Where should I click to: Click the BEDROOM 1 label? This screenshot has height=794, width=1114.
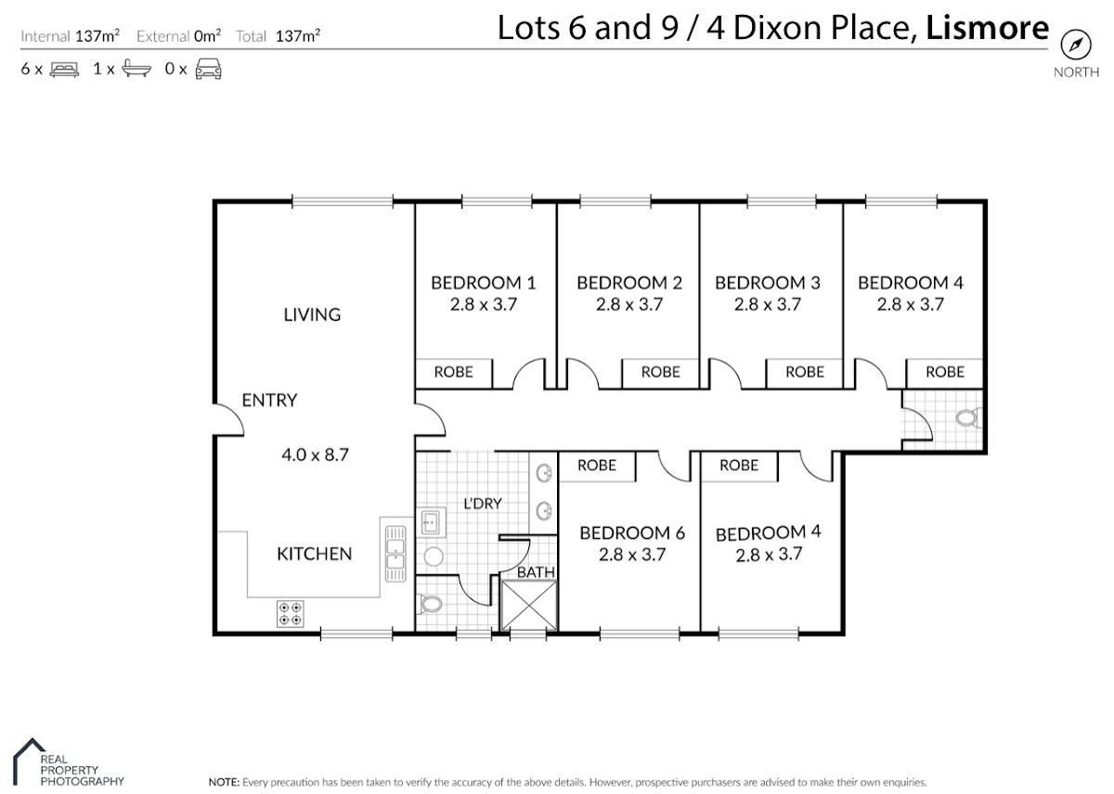tap(484, 283)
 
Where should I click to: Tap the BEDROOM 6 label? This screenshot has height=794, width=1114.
tap(632, 533)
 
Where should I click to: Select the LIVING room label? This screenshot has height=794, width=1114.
tap(312, 314)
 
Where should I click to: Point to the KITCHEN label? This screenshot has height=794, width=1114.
tap(315, 554)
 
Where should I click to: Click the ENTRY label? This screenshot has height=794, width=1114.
tap(269, 400)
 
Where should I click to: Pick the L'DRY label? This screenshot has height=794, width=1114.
tap(483, 504)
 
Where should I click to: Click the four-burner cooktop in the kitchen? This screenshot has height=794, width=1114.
tap(291, 614)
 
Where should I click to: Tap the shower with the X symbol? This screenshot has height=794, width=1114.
tap(528, 605)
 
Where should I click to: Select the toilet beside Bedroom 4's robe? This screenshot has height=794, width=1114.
tap(968, 417)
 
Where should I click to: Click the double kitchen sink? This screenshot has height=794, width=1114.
tap(395, 554)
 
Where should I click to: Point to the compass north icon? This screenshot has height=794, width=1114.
tap(1076, 45)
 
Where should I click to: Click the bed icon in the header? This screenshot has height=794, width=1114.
tap(64, 69)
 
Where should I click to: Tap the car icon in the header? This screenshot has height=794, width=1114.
tap(208, 69)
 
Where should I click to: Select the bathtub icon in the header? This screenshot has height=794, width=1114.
tap(136, 69)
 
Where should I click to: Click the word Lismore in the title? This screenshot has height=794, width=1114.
tap(987, 28)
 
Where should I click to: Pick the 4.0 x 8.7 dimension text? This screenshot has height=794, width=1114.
tap(316, 455)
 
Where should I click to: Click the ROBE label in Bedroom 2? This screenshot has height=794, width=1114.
tap(660, 372)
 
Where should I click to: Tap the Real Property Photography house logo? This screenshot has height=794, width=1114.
tap(30, 762)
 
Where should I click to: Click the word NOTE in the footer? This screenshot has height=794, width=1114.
tap(224, 782)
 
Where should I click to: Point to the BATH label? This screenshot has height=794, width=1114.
tap(536, 572)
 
